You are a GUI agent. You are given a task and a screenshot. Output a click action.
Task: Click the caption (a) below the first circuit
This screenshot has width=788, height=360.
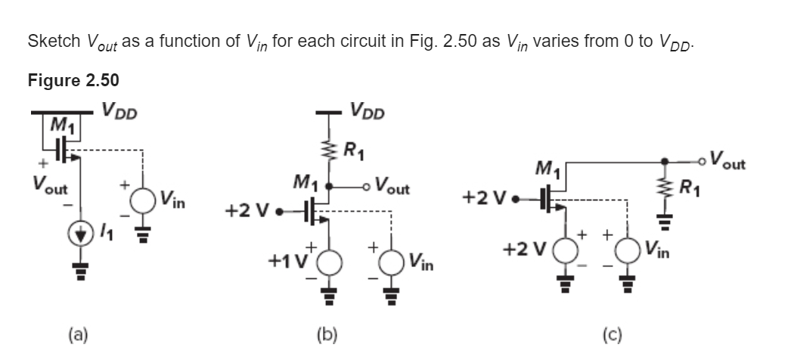click(x=78, y=334)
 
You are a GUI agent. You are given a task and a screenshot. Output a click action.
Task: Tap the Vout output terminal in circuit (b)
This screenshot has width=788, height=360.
click(x=368, y=187)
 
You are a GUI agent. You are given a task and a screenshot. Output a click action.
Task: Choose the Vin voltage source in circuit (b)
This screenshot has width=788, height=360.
click(x=391, y=262)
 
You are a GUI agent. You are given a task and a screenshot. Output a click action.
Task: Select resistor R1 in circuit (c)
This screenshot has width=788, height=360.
click(x=665, y=185)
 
